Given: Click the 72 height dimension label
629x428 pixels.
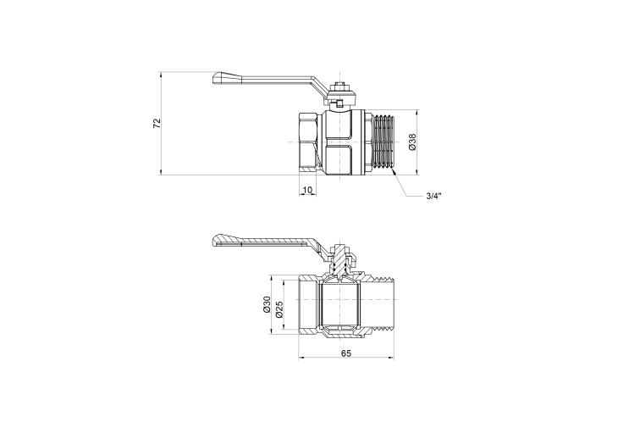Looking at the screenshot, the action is pos(157,123).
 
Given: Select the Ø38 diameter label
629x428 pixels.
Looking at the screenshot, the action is pos(413,142).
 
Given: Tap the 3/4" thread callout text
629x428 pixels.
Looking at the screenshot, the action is pos(433,196).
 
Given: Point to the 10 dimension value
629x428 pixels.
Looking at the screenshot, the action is pos(307,190).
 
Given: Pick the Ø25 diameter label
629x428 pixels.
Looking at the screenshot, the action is pos(280,309).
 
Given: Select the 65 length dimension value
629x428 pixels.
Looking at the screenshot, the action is pos(346,353).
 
